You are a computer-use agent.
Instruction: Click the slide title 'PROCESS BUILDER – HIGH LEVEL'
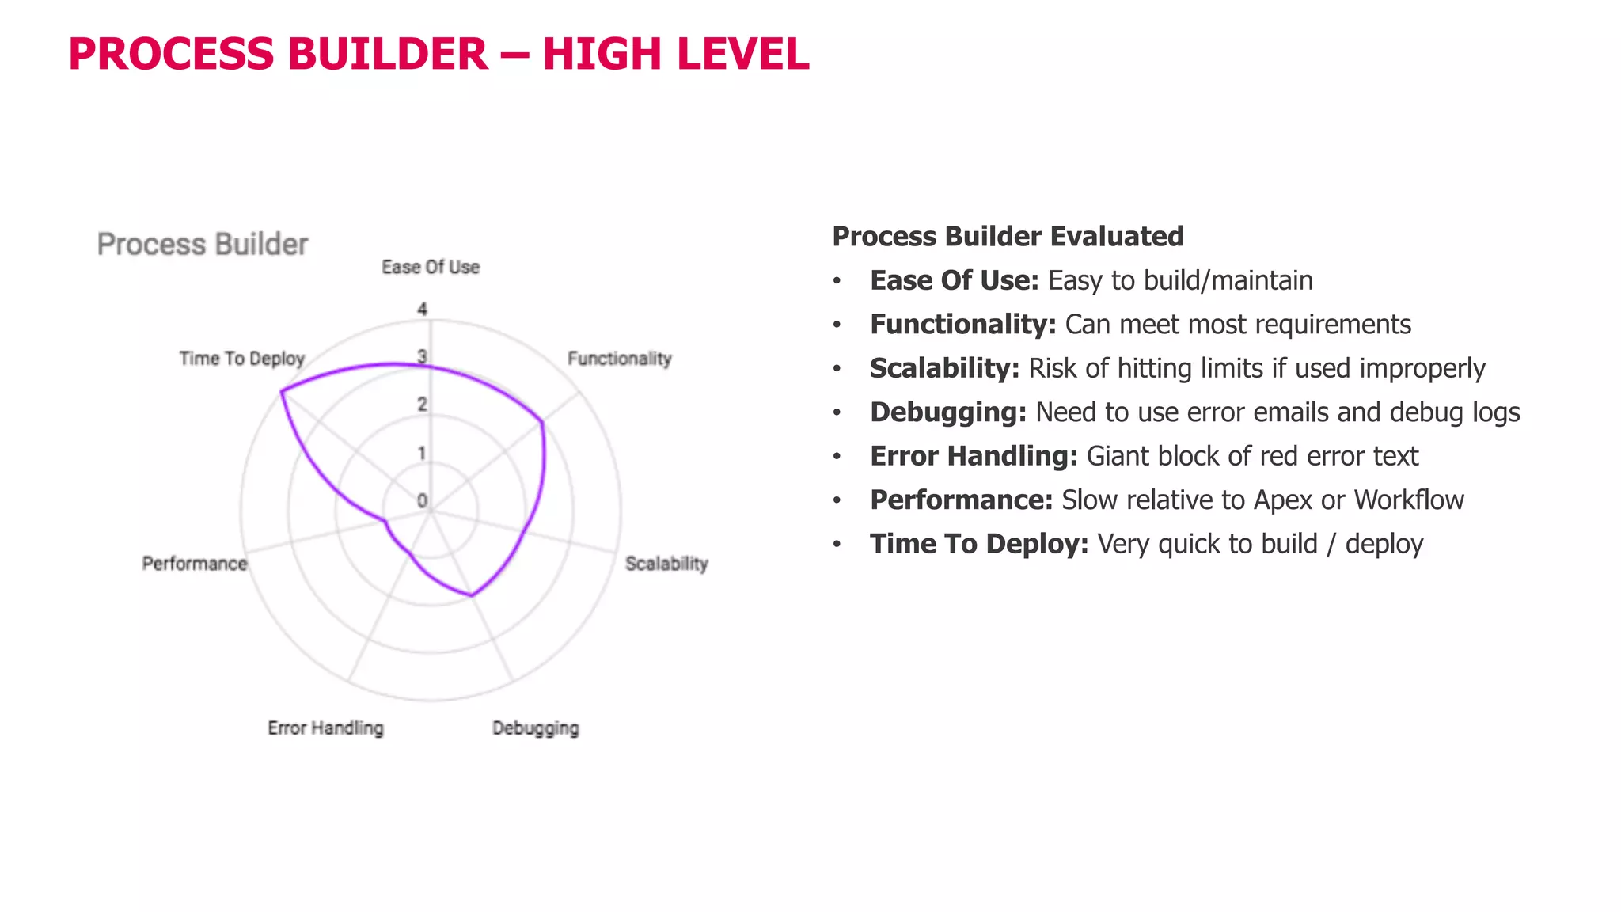click(438, 54)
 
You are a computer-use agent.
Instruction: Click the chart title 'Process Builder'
click(203, 245)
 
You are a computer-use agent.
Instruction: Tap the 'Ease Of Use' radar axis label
click(431, 268)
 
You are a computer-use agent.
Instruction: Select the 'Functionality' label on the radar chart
click(619, 359)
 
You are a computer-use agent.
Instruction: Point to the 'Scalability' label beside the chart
click(666, 564)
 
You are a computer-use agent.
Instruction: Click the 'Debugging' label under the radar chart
click(535, 728)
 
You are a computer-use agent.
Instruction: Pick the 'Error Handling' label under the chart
click(325, 728)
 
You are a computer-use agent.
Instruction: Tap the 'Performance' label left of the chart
click(195, 564)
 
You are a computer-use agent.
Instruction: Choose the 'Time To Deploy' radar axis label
click(241, 359)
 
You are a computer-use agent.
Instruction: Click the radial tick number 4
click(422, 310)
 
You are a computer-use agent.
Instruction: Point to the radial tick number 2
click(422, 405)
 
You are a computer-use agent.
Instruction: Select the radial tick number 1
click(422, 454)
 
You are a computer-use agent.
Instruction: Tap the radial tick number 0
click(422, 501)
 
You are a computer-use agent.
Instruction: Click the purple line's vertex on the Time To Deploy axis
click(282, 391)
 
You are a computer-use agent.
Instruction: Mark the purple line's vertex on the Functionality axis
click(542, 423)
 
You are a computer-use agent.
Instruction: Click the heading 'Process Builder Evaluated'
click(1008, 237)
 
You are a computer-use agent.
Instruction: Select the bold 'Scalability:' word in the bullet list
click(944, 368)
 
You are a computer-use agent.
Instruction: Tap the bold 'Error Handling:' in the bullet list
click(974, 456)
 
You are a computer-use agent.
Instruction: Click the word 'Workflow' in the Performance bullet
click(1408, 500)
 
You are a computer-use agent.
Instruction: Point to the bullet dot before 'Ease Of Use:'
click(837, 281)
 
